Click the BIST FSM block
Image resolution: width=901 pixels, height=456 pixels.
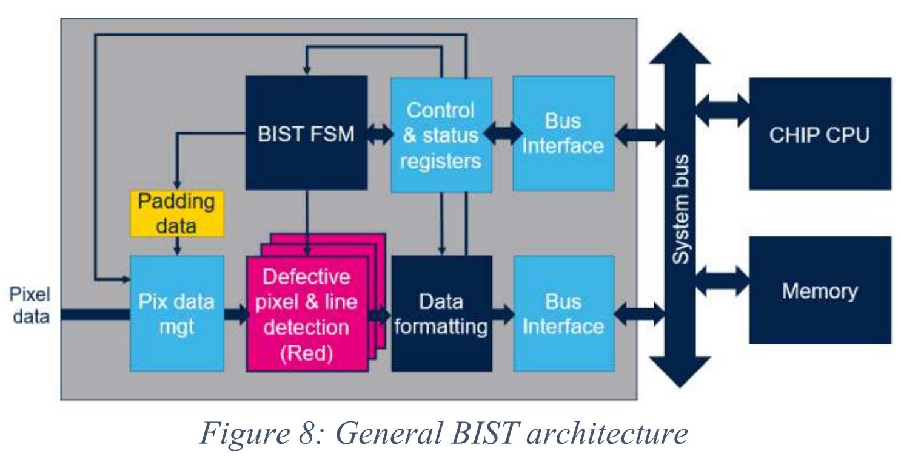306,132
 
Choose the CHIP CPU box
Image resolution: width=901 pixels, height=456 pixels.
820,134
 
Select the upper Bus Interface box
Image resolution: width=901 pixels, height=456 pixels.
563,132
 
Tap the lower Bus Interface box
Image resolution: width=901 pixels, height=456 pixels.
563,314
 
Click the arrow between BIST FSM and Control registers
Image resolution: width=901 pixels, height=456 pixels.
380,134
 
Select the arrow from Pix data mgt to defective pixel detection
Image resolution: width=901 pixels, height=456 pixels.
236,315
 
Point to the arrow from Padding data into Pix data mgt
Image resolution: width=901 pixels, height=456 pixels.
177,246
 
